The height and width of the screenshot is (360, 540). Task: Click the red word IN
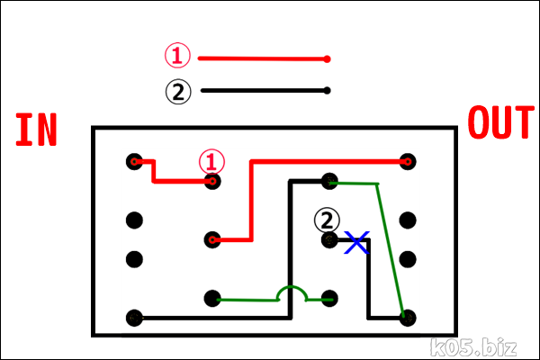click(36, 130)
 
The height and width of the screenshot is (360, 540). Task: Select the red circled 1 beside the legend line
click(177, 57)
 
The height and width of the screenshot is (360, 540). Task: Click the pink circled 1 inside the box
click(211, 161)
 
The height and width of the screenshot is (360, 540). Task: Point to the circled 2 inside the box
click(328, 219)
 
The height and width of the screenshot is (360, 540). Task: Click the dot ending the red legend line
click(328, 59)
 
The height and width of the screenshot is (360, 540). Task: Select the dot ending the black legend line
click(328, 90)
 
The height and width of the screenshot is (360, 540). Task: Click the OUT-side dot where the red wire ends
click(408, 162)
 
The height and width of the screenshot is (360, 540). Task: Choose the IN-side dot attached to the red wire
click(135, 162)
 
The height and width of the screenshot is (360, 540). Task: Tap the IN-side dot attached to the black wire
click(135, 317)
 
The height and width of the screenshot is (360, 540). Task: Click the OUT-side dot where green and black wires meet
click(408, 317)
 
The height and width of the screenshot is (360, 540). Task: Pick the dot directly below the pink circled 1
click(212, 181)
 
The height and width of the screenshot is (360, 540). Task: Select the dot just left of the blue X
click(329, 240)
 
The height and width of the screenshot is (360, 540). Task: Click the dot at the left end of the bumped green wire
click(212, 298)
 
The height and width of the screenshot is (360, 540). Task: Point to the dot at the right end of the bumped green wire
click(329, 298)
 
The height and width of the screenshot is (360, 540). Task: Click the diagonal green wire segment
click(391, 247)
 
